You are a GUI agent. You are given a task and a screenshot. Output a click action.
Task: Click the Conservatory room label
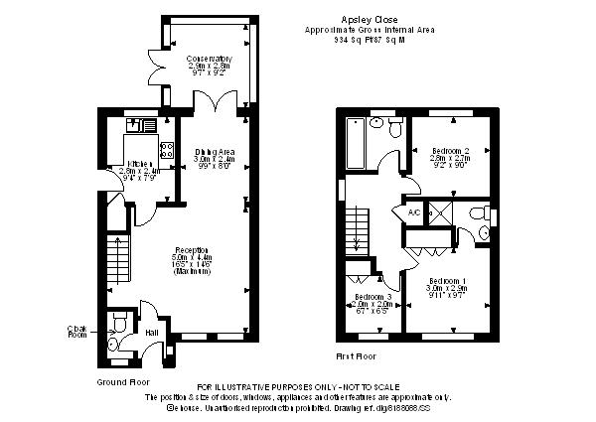click(210, 59)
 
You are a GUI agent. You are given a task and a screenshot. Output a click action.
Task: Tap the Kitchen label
click(135, 164)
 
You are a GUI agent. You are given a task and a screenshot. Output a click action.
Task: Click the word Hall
click(152, 332)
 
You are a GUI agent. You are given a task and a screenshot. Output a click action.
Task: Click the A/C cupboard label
click(413, 211)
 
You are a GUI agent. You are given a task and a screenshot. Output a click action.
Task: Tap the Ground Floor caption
click(122, 381)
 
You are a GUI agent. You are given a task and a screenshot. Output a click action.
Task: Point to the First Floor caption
click(356, 354)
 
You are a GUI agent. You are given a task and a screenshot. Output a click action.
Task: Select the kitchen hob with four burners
click(168, 152)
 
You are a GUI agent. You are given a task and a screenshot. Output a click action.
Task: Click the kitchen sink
click(139, 125)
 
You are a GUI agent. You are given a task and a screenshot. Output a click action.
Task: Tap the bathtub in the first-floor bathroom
click(355, 144)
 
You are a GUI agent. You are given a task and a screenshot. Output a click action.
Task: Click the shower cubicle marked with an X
click(444, 211)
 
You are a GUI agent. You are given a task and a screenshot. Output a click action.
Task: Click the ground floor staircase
click(117, 257)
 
